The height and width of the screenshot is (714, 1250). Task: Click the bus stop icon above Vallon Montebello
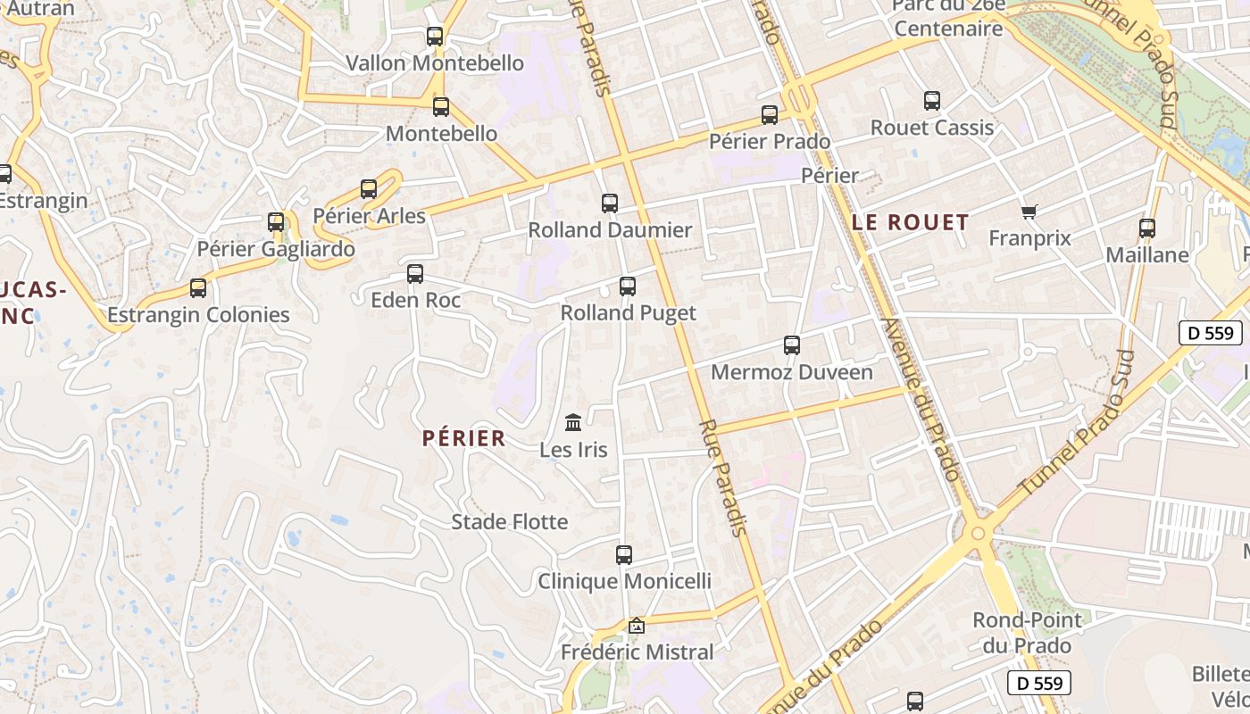[435, 37]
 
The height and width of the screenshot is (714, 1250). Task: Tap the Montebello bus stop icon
[441, 107]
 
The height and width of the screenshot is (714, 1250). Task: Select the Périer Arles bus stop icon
[369, 189]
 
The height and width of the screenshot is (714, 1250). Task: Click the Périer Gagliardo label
[276, 249]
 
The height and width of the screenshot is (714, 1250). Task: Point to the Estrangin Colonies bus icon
[198, 288]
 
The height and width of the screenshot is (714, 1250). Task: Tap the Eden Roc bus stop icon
[415, 274]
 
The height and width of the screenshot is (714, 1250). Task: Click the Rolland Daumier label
[610, 229]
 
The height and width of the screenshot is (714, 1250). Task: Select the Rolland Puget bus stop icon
[628, 286]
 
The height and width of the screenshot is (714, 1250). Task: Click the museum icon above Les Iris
[573, 422]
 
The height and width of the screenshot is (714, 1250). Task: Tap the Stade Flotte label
[509, 521]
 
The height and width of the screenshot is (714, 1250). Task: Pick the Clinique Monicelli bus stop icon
[624, 555]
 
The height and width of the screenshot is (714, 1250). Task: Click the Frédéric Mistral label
[637, 652]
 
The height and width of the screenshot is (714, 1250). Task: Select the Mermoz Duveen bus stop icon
[792, 345]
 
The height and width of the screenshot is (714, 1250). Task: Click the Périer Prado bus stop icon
[770, 115]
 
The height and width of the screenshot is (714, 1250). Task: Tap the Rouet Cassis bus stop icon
[932, 101]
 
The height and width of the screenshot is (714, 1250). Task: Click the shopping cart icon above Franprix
[1029, 212]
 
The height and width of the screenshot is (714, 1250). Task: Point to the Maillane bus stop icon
[1147, 228]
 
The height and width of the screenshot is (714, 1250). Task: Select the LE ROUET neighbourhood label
[910, 222]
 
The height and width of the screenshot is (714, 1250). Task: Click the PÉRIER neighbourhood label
[463, 438]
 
